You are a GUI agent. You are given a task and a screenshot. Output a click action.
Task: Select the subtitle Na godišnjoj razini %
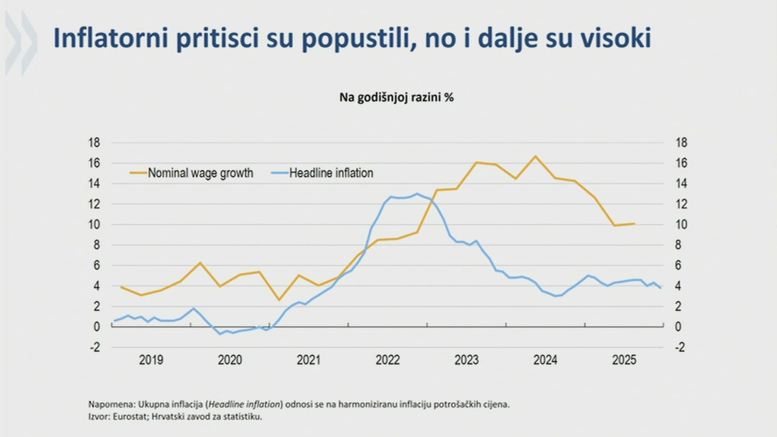coord(396,97)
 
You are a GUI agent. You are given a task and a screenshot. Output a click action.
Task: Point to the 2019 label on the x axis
coord(151,360)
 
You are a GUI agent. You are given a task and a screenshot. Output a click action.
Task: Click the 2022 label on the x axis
coord(387,360)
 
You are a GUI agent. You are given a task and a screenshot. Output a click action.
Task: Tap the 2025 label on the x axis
coord(624,360)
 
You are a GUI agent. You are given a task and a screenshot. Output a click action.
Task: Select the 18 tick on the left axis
coord(94,142)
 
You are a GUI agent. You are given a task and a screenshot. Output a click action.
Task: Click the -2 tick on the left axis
coord(95,347)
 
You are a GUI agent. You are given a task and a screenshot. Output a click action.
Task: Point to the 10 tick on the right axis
coord(681,224)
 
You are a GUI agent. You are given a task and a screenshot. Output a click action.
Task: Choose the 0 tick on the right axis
coord(678,327)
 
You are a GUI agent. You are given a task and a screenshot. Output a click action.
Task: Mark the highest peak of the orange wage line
coord(536,156)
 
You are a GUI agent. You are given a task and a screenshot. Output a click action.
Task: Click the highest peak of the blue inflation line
coord(417,194)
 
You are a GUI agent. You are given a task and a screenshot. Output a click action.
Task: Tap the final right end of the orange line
coord(634,224)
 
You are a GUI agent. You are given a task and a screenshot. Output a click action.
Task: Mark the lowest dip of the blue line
coord(220,334)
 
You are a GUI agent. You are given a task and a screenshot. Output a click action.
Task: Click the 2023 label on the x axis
coord(466,360)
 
